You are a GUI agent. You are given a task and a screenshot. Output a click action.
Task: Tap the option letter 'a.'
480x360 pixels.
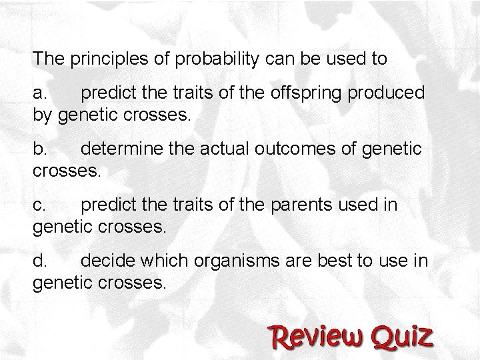(41, 93)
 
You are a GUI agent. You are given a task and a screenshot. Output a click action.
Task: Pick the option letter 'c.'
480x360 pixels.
(41, 205)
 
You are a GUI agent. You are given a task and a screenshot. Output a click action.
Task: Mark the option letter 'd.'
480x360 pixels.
(41, 261)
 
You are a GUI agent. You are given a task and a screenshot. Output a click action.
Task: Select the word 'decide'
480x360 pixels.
(103, 261)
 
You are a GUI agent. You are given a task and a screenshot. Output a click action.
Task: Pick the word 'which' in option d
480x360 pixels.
(160, 261)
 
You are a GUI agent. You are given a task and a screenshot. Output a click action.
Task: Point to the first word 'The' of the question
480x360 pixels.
(47, 59)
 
